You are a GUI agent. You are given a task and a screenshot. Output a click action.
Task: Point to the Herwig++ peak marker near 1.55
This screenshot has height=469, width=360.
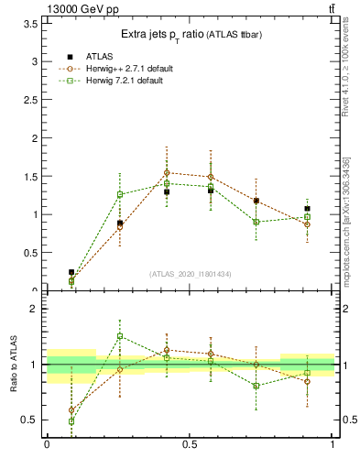tap(167, 172)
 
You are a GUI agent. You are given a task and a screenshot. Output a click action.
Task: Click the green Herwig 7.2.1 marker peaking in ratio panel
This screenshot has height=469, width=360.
tap(119, 336)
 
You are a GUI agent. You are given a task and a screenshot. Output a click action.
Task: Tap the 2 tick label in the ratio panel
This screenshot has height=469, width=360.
tap(34, 309)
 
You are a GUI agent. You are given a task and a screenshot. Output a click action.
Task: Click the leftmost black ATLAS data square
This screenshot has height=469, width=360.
tap(71, 272)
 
